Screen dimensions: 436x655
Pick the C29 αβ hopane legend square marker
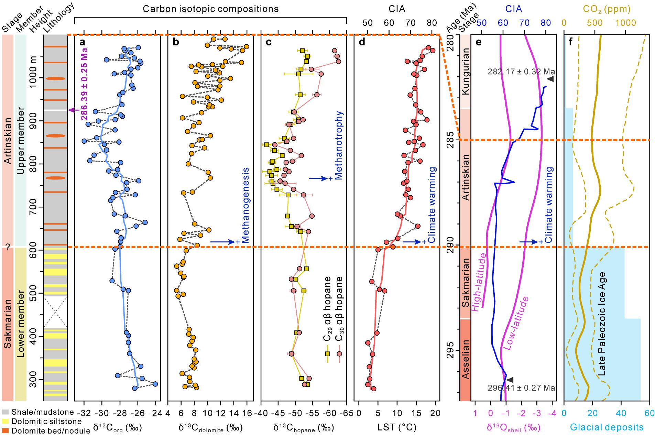click(x=327, y=354)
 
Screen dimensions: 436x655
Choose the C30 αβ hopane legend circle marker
click(x=339, y=354)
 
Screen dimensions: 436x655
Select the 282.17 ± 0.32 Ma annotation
click(x=521, y=72)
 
